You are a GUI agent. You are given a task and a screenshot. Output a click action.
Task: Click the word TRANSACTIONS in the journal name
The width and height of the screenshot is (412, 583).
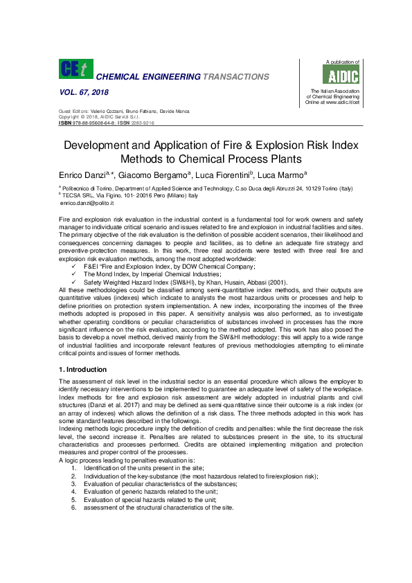pyautogui.click(x=235, y=76)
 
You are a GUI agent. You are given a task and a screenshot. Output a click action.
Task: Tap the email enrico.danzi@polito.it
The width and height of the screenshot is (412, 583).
pyautogui.click(x=87, y=203)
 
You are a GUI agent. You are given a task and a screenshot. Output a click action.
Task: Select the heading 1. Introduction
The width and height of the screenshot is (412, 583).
pyautogui.click(x=83, y=369)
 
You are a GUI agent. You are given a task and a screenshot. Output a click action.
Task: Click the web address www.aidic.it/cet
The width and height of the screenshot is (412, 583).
pyautogui.click(x=337, y=102)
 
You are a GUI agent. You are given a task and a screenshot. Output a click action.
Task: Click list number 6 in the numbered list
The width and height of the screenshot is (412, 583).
pyautogui.click(x=73, y=508)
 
